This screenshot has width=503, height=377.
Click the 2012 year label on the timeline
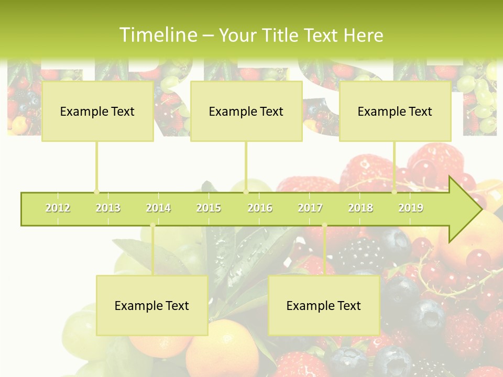coord(58,208)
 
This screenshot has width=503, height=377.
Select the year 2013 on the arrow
coord(108,208)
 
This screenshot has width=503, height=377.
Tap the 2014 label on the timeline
coord(158,208)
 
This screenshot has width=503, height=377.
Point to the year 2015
coord(209,208)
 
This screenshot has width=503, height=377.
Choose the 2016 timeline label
coord(260,208)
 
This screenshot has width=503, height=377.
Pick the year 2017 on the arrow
coord(310,208)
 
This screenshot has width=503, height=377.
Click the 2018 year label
coord(360,208)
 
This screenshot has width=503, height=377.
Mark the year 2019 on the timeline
coord(411,208)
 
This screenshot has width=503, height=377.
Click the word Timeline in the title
coord(158,35)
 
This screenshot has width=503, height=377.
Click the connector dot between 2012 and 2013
coord(96,192)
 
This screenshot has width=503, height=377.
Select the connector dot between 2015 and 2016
coord(246,192)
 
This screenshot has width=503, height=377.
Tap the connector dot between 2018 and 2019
coord(395,192)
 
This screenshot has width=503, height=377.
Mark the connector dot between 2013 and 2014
coord(152,226)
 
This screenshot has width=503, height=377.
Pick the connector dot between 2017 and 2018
coord(324,226)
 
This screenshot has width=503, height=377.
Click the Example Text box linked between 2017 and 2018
coord(324,305)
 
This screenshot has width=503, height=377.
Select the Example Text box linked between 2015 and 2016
coord(246,111)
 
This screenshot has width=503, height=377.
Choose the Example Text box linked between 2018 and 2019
coord(395,111)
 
